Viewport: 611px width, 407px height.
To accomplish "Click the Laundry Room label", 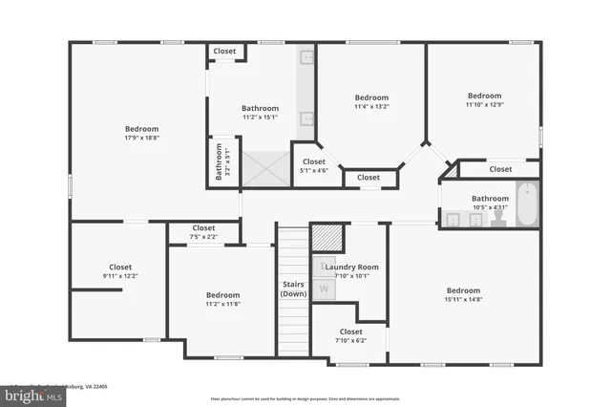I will tap(352, 268).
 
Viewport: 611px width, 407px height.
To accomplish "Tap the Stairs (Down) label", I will tap(293, 289).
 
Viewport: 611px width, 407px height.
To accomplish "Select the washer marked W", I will tap(324, 288).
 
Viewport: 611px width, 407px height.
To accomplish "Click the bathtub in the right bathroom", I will tap(527, 204).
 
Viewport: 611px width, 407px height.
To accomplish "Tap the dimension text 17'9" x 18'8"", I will tap(141, 139).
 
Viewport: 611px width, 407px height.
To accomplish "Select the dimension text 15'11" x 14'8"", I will tap(463, 299).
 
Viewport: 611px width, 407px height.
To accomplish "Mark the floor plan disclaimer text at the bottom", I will tap(305, 398).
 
